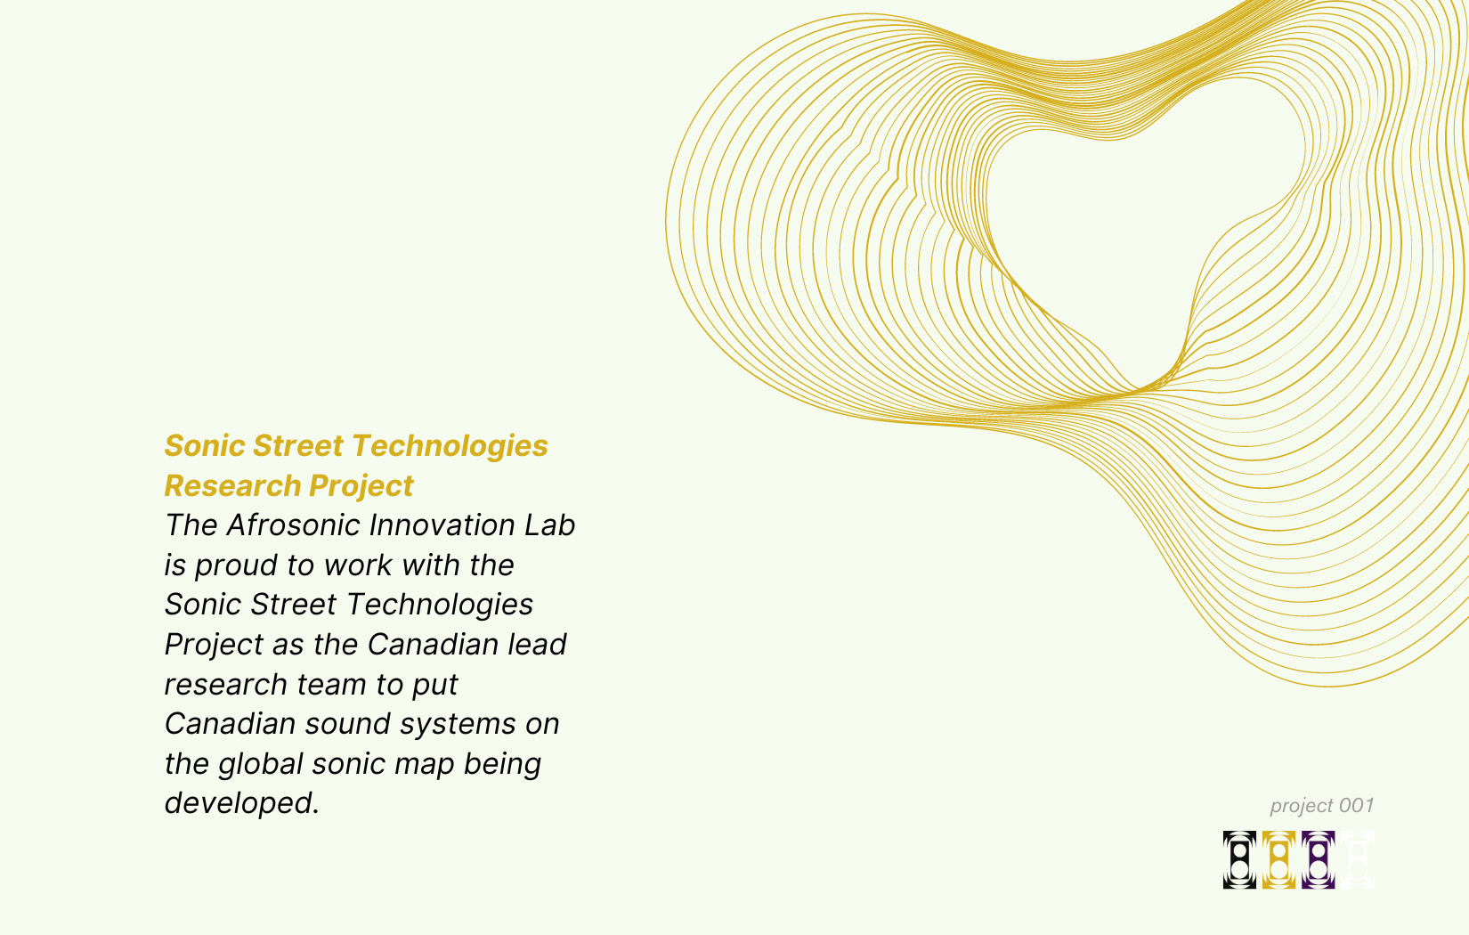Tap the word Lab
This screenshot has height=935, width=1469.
[549, 525]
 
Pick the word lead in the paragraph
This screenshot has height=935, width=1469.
[537, 645]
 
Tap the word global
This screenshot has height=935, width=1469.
[260, 764]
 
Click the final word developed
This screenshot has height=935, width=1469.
[241, 803]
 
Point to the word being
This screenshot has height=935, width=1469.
[502, 764]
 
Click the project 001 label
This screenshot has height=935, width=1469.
[1322, 806]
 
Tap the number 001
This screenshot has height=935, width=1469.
[1356, 806]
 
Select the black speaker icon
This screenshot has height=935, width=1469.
[1239, 860]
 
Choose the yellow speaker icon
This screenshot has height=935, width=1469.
[1278, 860]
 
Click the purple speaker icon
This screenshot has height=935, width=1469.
[1318, 860]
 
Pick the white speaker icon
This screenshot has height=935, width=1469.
[1358, 860]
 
